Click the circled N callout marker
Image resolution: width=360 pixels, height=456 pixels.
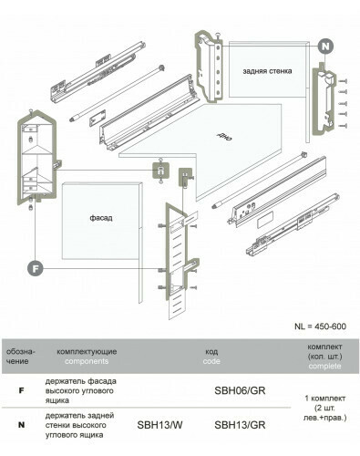click(325, 47)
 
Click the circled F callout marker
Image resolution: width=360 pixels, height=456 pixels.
click(36, 268)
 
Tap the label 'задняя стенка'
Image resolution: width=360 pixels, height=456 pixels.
click(267, 71)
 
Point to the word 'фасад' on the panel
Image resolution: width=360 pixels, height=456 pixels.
click(101, 218)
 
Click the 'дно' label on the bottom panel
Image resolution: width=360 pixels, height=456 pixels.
click(224, 137)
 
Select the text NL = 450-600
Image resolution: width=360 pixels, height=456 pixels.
click(320, 326)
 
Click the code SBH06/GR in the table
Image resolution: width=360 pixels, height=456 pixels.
click(240, 390)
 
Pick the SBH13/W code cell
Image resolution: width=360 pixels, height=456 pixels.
click(159, 425)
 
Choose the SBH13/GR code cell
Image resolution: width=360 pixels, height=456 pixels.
click(240, 425)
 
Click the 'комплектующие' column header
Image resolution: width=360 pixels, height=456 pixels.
click(87, 352)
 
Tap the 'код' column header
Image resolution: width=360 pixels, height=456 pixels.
click(211, 352)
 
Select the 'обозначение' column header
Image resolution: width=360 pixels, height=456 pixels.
click(21, 357)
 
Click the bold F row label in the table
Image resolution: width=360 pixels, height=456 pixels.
click(21, 390)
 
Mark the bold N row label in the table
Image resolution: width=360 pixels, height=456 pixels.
click(21, 425)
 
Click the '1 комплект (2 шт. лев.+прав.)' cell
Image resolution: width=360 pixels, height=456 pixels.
click(324, 408)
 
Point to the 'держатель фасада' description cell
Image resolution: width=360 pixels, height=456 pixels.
click(81, 390)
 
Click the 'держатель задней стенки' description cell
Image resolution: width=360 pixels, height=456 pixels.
click(79, 425)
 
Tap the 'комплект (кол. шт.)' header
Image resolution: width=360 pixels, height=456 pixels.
click(324, 351)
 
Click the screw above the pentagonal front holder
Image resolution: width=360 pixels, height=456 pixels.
click(31, 112)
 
